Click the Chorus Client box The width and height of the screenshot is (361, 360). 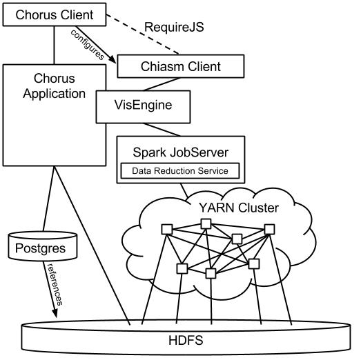[55, 14]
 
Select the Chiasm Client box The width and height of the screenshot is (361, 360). [181, 66]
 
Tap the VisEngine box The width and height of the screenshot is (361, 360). [143, 106]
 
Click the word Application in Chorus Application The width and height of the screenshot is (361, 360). [55, 94]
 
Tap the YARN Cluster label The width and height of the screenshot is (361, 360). [238, 208]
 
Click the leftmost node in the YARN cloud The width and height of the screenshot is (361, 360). [166, 229]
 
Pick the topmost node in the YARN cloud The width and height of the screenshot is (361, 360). [205, 223]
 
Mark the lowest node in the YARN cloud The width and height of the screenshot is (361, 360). [211, 274]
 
